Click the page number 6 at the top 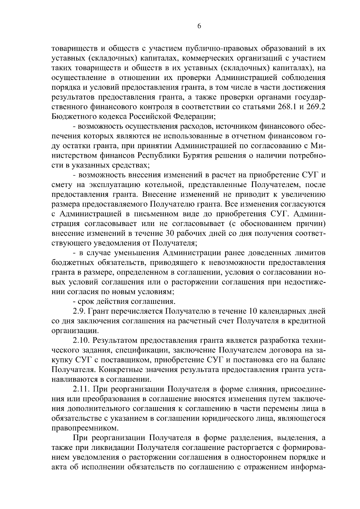tap(199, 26)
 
